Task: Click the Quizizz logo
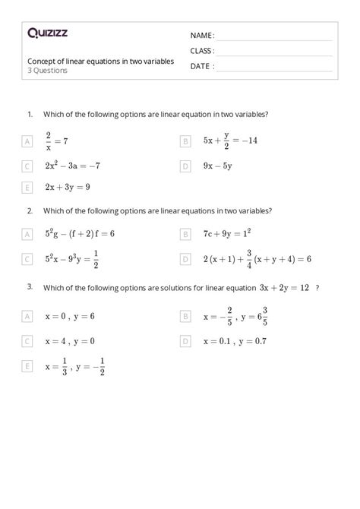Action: (48, 33)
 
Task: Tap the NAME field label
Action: (202, 36)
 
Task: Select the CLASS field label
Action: (202, 51)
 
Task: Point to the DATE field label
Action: (201, 66)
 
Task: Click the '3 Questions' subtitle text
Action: (47, 71)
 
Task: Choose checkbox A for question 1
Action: (27, 141)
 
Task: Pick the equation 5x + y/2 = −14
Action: (230, 141)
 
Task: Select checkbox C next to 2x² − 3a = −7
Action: (27, 166)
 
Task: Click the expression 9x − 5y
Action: (217, 166)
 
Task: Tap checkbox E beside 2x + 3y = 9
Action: (27, 187)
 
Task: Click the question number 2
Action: (30, 210)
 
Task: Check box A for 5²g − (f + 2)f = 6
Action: (27, 235)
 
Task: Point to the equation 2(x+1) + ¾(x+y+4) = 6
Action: (257, 259)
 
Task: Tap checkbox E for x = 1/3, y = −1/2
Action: (27, 366)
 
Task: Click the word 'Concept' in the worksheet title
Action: (43, 61)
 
